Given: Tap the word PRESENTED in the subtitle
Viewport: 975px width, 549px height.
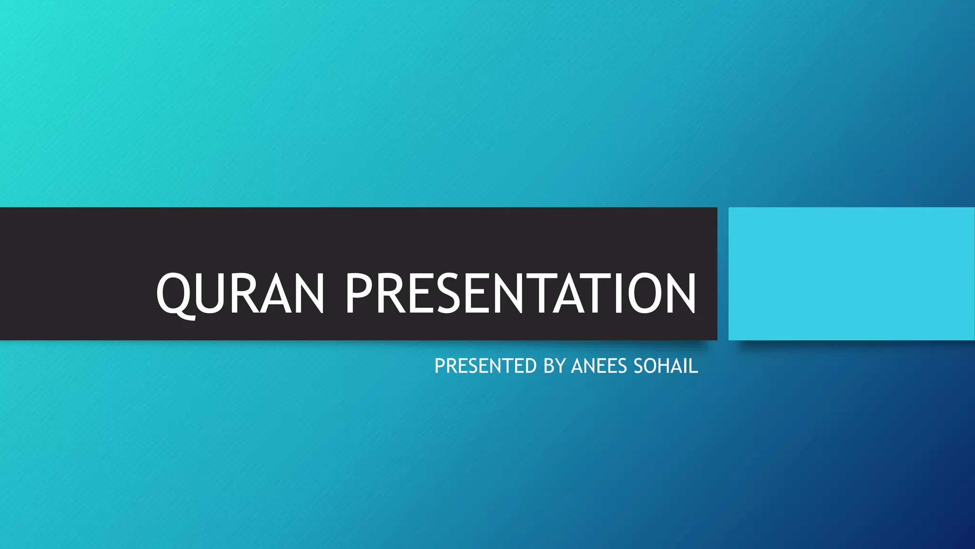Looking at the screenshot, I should click(486, 366).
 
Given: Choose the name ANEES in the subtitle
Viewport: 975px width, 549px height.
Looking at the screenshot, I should click(599, 366).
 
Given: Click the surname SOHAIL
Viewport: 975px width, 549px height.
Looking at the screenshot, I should click(666, 366).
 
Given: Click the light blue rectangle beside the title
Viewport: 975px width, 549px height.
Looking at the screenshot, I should click(851, 274).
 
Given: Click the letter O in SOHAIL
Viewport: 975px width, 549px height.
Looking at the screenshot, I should click(650, 366).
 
